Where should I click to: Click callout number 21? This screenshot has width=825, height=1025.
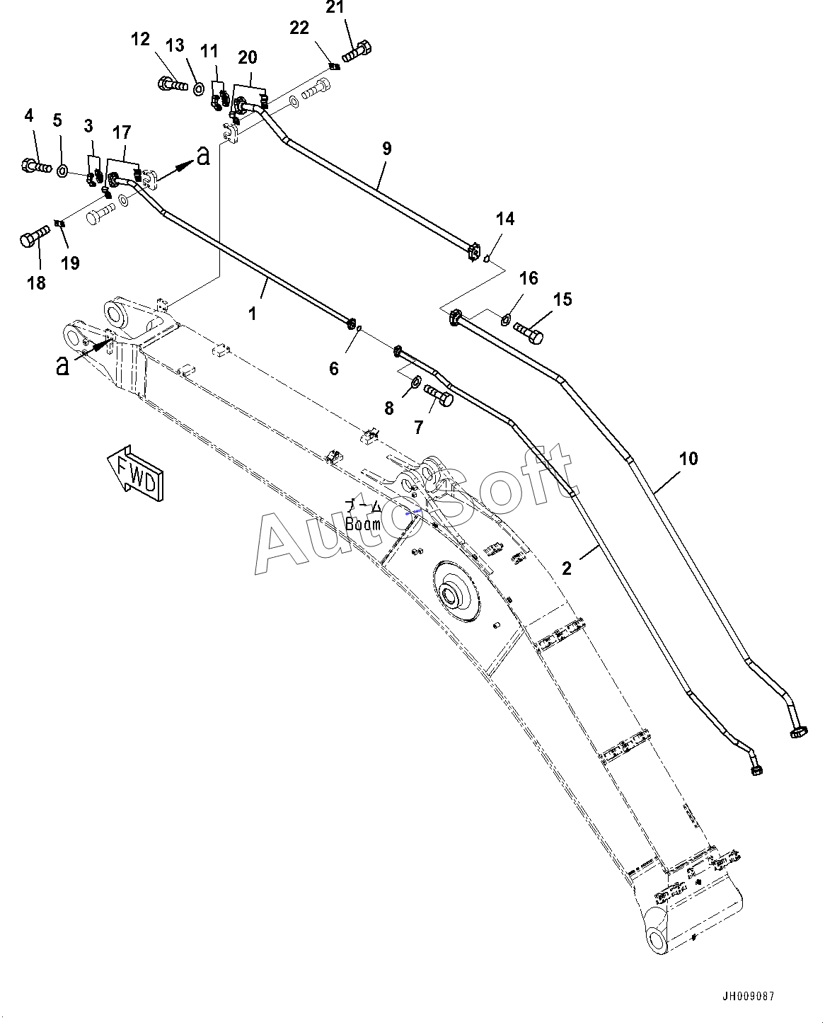click(335, 8)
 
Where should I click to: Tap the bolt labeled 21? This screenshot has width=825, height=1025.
click(357, 51)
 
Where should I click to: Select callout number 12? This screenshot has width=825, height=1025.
click(140, 39)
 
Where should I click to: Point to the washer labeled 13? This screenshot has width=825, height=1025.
click(199, 88)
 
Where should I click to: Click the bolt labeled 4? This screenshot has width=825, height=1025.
click(36, 166)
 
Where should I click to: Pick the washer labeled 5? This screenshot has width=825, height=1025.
click(62, 170)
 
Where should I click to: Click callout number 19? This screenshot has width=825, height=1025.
click(71, 263)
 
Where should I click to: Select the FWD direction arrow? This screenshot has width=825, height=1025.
click(135, 473)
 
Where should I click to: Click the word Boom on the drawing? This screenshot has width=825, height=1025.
click(363, 525)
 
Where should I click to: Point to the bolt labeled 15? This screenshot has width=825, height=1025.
click(529, 332)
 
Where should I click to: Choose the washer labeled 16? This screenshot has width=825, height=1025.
click(506, 319)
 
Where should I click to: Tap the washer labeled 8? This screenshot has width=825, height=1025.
click(415, 381)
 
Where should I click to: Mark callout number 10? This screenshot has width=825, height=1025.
click(688, 459)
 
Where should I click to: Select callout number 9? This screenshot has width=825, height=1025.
click(387, 149)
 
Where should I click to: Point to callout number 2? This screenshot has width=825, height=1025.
click(567, 568)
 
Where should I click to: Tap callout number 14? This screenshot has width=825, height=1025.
click(505, 219)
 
